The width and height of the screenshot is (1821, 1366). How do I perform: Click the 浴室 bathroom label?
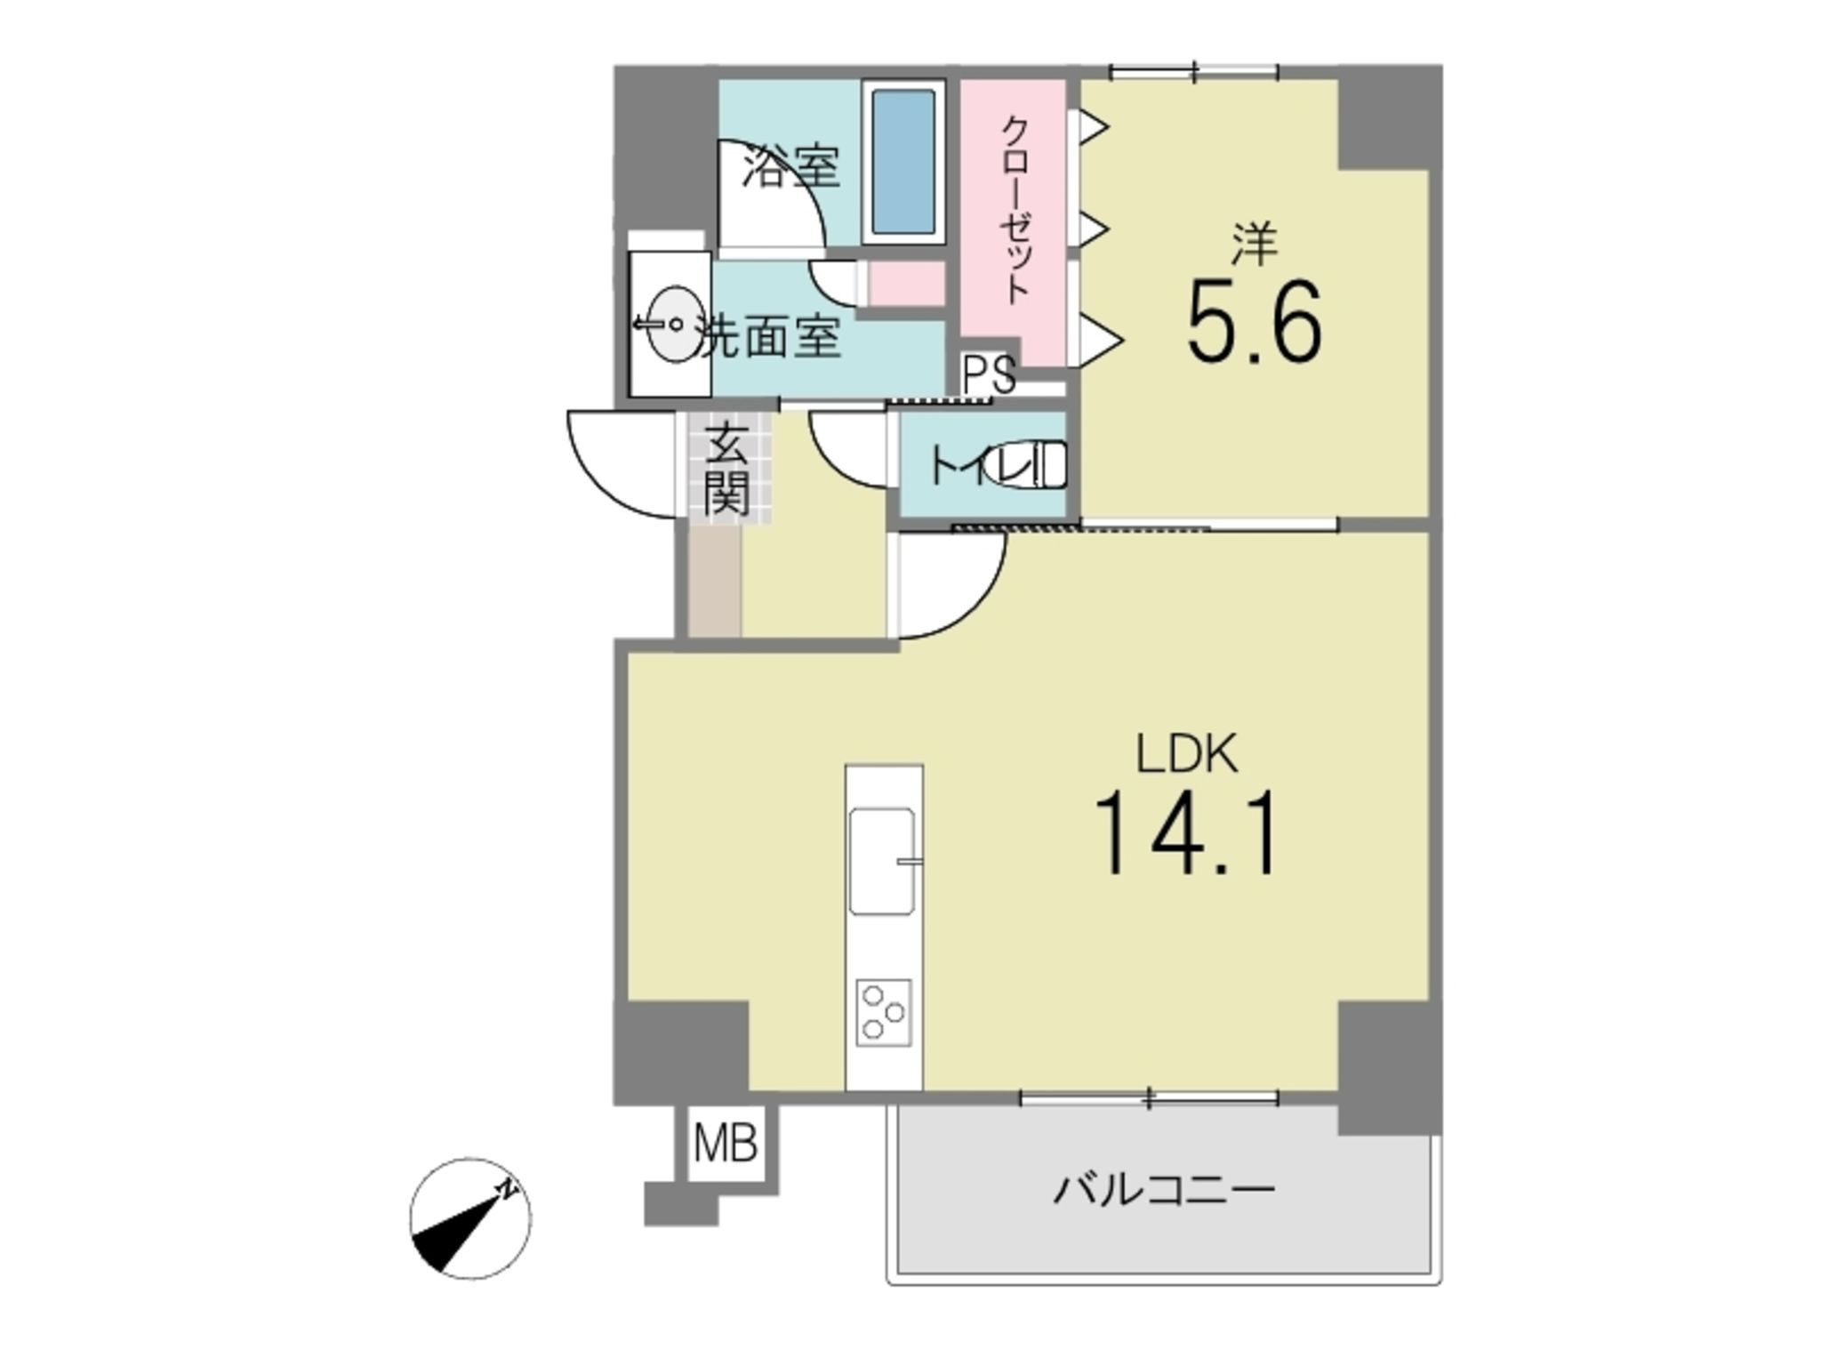(791, 166)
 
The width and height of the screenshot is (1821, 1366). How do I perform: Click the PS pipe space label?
(989, 374)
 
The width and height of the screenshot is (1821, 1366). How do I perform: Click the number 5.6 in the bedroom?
(1254, 322)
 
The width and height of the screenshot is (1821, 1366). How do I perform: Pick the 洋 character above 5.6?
(1254, 245)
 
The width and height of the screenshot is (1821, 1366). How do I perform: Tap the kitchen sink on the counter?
(882, 861)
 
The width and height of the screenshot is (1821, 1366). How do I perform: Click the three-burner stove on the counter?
(884, 1012)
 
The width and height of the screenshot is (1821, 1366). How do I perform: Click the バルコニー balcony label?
(1164, 1189)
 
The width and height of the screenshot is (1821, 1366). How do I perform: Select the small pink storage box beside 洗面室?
(905, 284)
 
